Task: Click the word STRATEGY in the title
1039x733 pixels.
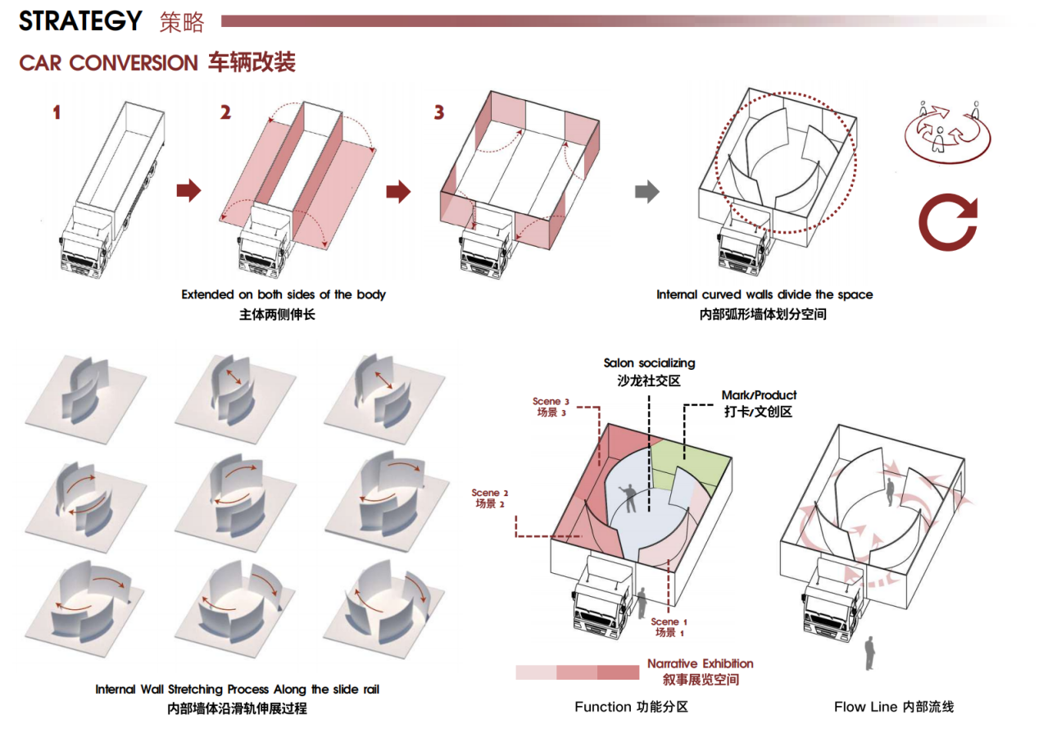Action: coord(80,20)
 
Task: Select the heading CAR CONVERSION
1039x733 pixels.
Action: coord(108,62)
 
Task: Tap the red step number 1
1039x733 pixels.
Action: coord(57,112)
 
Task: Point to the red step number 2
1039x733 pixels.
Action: coord(225,112)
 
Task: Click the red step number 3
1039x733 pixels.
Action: coord(439,112)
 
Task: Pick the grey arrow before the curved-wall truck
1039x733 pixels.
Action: coord(647,192)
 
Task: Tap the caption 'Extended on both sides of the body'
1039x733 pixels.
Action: coord(284,294)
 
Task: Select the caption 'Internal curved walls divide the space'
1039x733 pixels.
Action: coord(765,294)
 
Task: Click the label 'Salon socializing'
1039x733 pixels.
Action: coord(649,362)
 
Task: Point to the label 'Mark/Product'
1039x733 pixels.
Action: coord(759,395)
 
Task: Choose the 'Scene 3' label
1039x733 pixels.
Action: coord(551,401)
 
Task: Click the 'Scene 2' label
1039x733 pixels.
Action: coord(490,493)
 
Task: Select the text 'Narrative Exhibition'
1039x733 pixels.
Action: coord(700,663)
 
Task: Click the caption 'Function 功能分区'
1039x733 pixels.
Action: coord(631,707)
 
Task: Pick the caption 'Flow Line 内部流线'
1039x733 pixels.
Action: coord(894,707)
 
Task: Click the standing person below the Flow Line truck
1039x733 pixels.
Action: coord(870,651)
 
